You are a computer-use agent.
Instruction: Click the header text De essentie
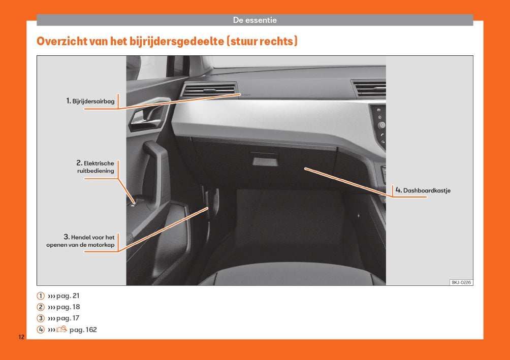pos(254,20)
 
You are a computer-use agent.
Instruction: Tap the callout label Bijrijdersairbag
pos(90,101)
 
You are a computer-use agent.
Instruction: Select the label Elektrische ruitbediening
pos(95,167)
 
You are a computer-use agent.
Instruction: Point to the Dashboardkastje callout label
pos(423,190)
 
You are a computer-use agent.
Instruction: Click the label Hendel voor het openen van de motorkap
pos(80,241)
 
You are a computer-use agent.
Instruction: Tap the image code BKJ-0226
pos(461,282)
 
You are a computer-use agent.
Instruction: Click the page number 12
pos(21,337)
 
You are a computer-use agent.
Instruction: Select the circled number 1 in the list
pos(40,296)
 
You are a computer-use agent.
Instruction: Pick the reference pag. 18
pos(68,307)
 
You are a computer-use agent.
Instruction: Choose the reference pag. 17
pos(68,318)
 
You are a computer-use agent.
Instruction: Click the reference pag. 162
pos(83,330)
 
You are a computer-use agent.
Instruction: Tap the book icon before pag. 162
pos(62,330)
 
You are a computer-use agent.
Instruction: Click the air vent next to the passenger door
pos(209,90)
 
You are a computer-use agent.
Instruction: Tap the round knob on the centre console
pos(381,125)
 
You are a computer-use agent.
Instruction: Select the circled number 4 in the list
pos(40,330)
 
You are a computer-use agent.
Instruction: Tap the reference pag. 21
pos(68,296)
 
